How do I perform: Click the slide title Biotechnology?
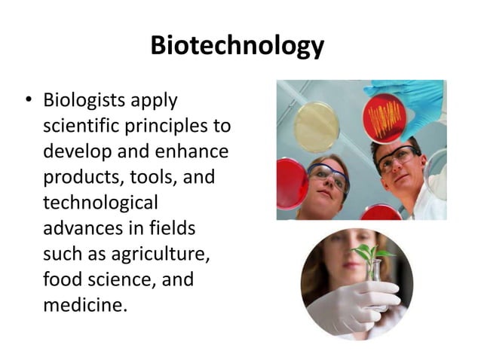[x=237, y=45]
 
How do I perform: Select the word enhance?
[x=191, y=151]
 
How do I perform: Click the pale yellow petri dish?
[x=316, y=126]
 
